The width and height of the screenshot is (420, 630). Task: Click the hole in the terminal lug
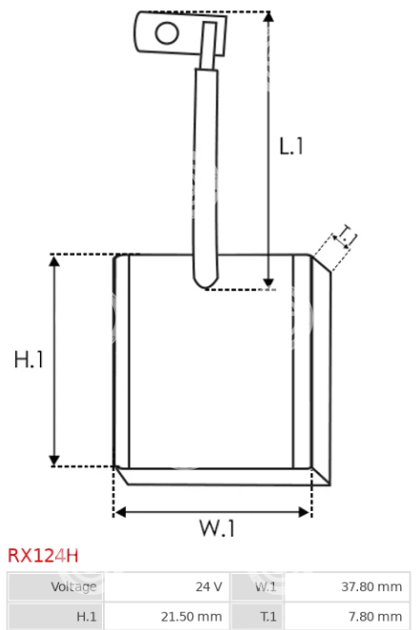pos(167,33)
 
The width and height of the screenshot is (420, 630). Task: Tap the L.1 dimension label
pos(291,146)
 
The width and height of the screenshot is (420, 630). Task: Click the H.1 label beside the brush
pos(29,359)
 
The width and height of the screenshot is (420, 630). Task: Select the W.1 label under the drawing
pos(217,528)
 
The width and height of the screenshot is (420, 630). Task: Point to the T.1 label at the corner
pos(347,236)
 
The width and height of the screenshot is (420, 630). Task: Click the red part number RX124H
pos(43,556)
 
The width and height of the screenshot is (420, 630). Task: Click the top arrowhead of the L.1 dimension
pos(269,17)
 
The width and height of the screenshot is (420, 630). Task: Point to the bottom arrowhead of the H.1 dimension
pos(54,461)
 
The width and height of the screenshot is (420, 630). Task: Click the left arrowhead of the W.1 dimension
pos(120,512)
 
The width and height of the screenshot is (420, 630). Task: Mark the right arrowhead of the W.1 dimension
pos(305,512)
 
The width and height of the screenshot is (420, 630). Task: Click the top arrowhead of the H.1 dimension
pos(54,261)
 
